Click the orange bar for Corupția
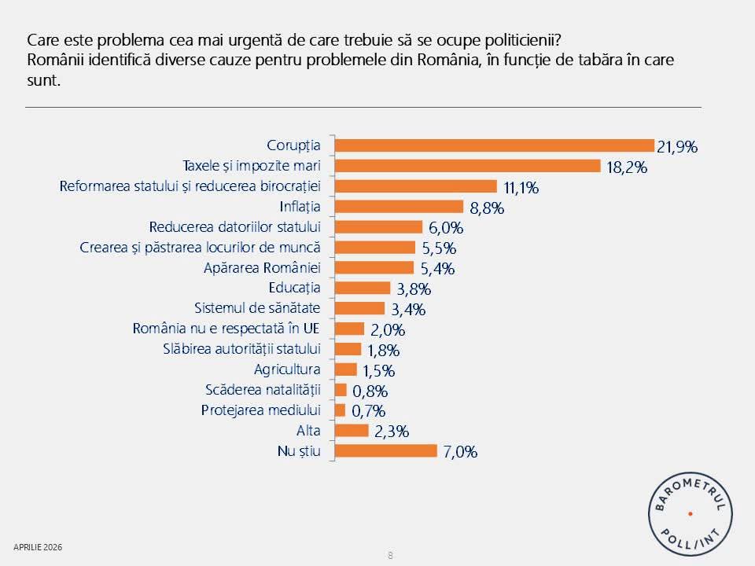[494, 145]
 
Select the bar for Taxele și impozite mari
[468, 166]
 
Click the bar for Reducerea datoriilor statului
[378, 227]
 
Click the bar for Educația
[363, 288]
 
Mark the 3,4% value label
[407, 309]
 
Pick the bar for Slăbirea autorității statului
[348, 349]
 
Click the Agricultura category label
[288, 369]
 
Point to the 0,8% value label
[369, 391]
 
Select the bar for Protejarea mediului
[340, 410]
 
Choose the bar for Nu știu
[385, 450]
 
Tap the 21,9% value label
[678, 146]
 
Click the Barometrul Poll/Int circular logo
[690, 513]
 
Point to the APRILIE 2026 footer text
[38, 546]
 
